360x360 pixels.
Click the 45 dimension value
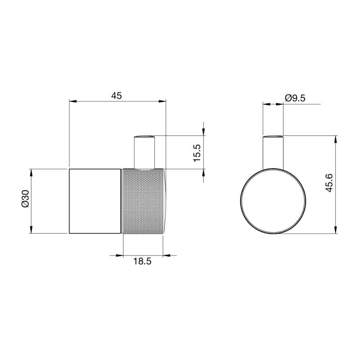(117, 95)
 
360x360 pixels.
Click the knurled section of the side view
(143, 201)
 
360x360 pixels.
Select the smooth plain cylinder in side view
(95, 201)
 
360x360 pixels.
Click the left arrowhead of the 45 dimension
(72, 101)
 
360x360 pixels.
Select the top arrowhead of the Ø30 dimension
(31, 172)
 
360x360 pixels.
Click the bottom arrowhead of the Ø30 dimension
(31, 229)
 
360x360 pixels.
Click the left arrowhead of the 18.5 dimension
(119, 256)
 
